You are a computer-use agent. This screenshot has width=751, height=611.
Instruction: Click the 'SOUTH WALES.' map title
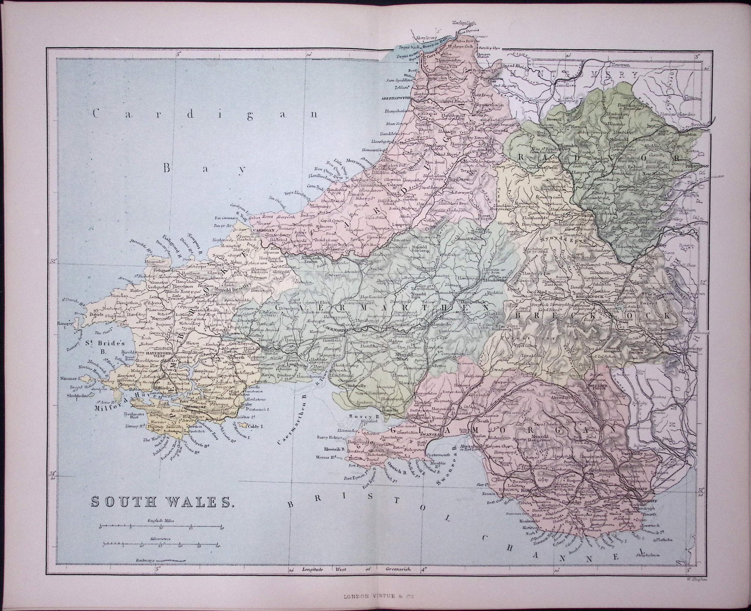click(x=161, y=502)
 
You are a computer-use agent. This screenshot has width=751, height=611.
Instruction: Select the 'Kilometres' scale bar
click(x=161, y=545)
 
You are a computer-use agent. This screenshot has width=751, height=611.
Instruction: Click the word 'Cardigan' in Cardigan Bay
click(x=128, y=113)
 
